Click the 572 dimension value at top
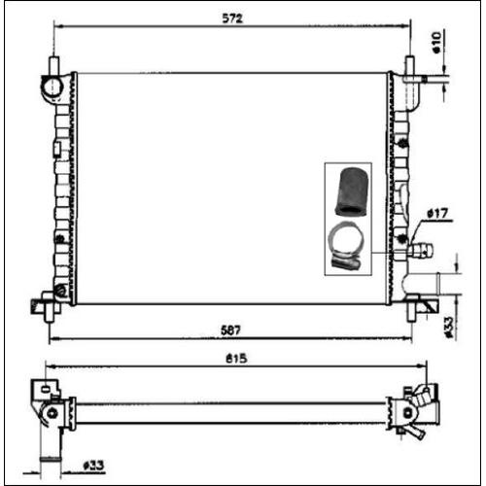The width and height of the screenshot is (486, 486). click(232, 18)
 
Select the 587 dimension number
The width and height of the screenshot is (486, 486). click(230, 330)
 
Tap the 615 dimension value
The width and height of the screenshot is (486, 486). click(236, 359)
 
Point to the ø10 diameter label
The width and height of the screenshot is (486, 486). click(436, 42)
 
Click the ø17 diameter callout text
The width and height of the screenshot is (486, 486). click(437, 214)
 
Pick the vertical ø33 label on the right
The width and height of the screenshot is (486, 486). click(449, 328)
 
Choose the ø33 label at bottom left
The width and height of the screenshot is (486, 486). click(93, 466)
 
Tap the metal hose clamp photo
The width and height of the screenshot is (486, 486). click(345, 246)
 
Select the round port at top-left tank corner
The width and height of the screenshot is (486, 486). click(52, 87)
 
